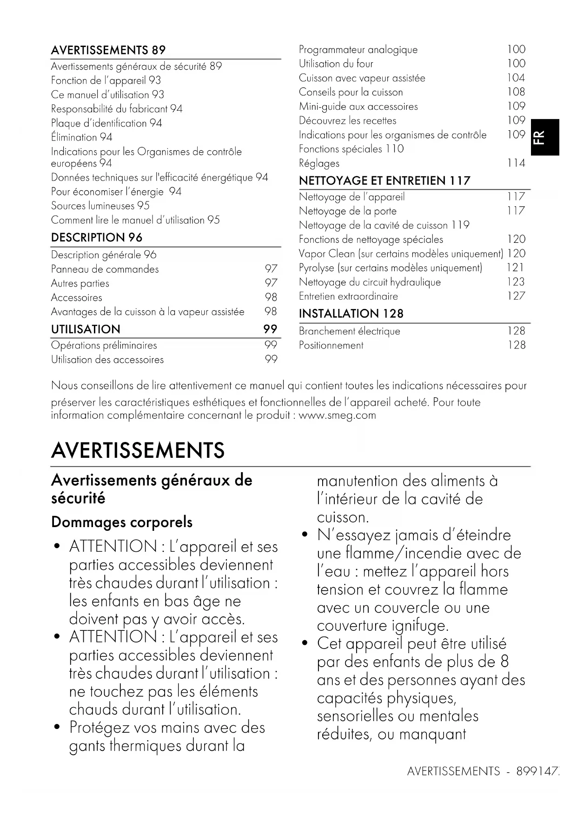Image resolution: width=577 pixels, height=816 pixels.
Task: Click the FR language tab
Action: pyautogui.click(x=545, y=137)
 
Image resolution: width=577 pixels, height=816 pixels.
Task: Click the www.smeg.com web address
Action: pyautogui.click(x=337, y=415)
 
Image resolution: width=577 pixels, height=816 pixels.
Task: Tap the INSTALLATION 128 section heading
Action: pyautogui.click(x=351, y=314)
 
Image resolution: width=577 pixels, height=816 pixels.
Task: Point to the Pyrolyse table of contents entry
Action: pyautogui.click(x=391, y=268)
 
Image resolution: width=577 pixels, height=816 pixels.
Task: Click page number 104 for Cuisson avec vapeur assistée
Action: pyautogui.click(x=516, y=78)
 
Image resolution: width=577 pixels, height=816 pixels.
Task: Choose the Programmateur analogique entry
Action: pyautogui.click(x=358, y=50)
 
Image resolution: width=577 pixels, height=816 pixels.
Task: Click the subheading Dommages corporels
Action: pyautogui.click(x=122, y=522)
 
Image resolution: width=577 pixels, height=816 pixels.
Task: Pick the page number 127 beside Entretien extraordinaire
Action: pyautogui.click(x=516, y=296)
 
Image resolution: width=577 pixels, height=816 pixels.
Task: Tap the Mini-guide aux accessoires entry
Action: pyautogui.click(x=358, y=107)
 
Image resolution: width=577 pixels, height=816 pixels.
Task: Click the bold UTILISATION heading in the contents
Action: pyautogui.click(x=86, y=329)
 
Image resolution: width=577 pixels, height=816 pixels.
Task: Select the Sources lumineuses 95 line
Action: pyautogui.click(x=100, y=206)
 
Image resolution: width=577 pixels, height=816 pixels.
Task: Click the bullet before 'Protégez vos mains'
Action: pyautogui.click(x=57, y=727)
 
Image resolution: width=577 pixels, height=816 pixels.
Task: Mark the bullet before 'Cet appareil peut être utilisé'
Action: pyautogui.click(x=305, y=643)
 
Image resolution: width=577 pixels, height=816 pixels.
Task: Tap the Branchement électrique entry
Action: pyautogui.click(x=350, y=331)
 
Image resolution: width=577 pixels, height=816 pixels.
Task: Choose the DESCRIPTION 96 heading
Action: pyautogui.click(x=97, y=238)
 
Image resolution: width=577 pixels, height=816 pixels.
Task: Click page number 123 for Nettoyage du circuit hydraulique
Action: pyautogui.click(x=516, y=282)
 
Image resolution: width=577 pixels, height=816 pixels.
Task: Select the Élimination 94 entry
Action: pyautogui.click(x=82, y=137)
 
